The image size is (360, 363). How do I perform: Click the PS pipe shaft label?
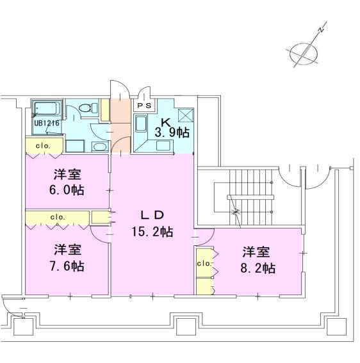144,106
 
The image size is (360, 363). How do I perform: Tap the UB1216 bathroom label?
47,123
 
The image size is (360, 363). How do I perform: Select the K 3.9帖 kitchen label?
172,129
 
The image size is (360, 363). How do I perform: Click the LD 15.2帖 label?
152,223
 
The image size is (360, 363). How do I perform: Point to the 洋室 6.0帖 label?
67,182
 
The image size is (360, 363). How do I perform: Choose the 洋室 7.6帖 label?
67,257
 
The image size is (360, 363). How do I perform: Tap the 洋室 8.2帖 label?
258,260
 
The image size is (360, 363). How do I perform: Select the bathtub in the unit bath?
46,108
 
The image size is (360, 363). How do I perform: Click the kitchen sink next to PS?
141,124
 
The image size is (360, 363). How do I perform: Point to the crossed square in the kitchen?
186,115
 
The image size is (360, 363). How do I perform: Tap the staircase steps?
250,197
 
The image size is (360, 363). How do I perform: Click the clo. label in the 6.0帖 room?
43,146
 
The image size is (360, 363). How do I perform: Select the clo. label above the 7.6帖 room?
58,217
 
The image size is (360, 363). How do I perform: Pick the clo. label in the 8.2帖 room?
204,263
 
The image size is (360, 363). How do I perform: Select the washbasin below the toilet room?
100,147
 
